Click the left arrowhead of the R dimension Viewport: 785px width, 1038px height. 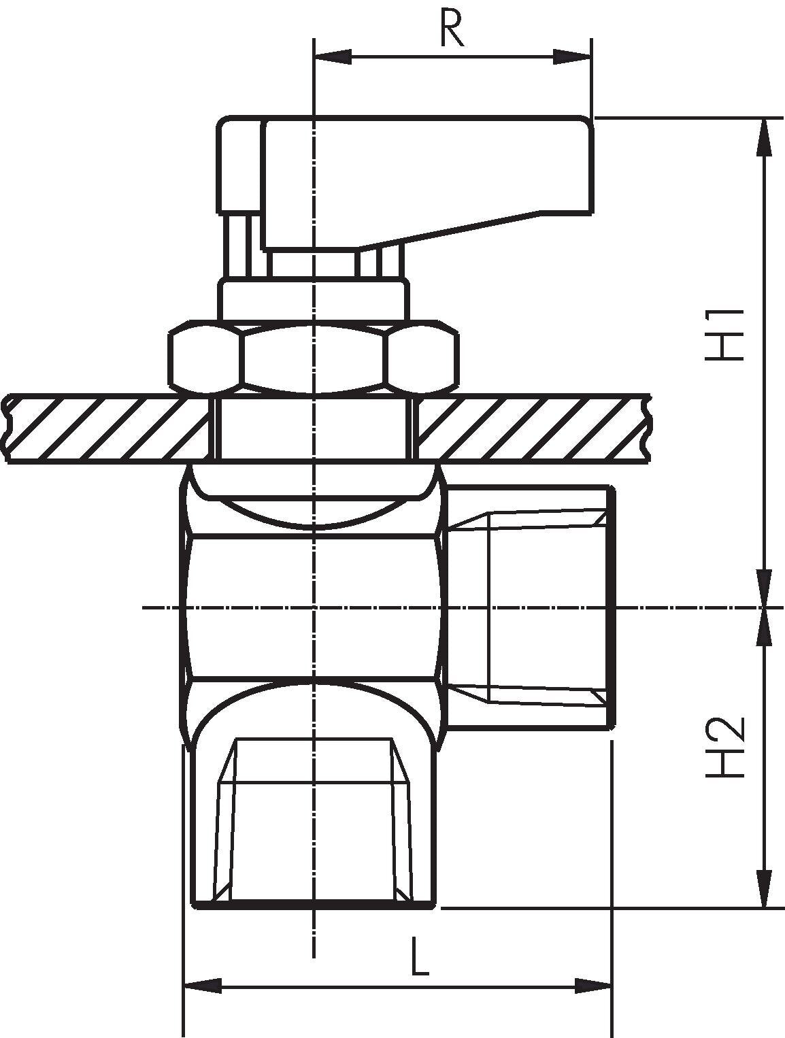(333, 57)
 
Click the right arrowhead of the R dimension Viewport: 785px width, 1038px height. (573, 57)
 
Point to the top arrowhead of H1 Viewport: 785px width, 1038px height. (765, 136)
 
